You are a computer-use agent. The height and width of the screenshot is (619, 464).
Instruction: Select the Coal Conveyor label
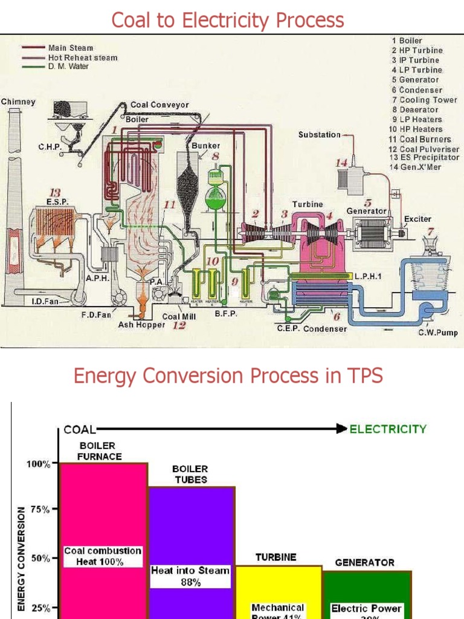pos(159,105)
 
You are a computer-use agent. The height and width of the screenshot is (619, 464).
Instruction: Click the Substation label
pos(319,135)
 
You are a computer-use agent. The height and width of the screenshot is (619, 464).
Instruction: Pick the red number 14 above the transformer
pos(342,163)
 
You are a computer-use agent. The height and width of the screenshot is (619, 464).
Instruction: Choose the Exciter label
pos(417,218)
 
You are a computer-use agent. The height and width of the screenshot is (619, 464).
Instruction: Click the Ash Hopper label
pos(141,325)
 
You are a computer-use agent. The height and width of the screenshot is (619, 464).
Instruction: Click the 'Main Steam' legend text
pos(75,48)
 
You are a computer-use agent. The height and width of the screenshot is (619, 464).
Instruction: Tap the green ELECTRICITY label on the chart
pos(388,429)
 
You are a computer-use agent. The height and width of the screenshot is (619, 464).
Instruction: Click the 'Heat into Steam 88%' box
pos(190,576)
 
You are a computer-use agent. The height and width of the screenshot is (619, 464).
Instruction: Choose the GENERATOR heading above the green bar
pos(364,562)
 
